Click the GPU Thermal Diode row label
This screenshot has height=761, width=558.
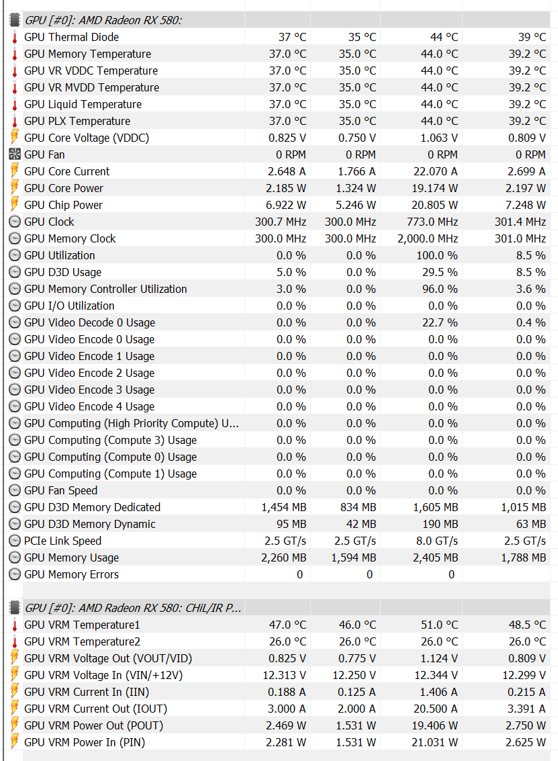pyautogui.click(x=71, y=37)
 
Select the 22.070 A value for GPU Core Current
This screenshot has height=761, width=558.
pyautogui.click(x=435, y=171)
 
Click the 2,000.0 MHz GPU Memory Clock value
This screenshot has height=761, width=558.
pyautogui.click(x=427, y=238)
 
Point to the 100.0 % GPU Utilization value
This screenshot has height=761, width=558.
pyautogui.click(x=436, y=255)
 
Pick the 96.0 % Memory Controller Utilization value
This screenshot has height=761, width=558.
pyautogui.click(x=439, y=289)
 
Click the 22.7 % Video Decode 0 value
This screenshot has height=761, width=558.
pyautogui.click(x=440, y=322)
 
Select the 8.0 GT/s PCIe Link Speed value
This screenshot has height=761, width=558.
pyautogui.click(x=436, y=541)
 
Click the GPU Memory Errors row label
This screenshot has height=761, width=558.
pyautogui.click(x=71, y=574)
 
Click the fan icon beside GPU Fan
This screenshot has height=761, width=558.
pyautogui.click(x=15, y=154)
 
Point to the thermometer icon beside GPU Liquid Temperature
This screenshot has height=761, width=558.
pyautogui.click(x=15, y=104)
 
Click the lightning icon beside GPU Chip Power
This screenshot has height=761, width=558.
pyautogui.click(x=15, y=205)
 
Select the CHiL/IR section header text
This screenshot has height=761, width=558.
pyautogui.click(x=132, y=608)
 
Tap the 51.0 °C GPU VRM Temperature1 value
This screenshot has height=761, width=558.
pyautogui.click(x=439, y=625)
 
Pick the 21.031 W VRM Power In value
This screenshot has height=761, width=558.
pyautogui.click(x=435, y=742)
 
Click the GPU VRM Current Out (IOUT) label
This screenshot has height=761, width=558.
pyautogui.click(x=95, y=709)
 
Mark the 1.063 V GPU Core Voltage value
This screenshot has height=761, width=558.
pyautogui.click(x=439, y=138)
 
